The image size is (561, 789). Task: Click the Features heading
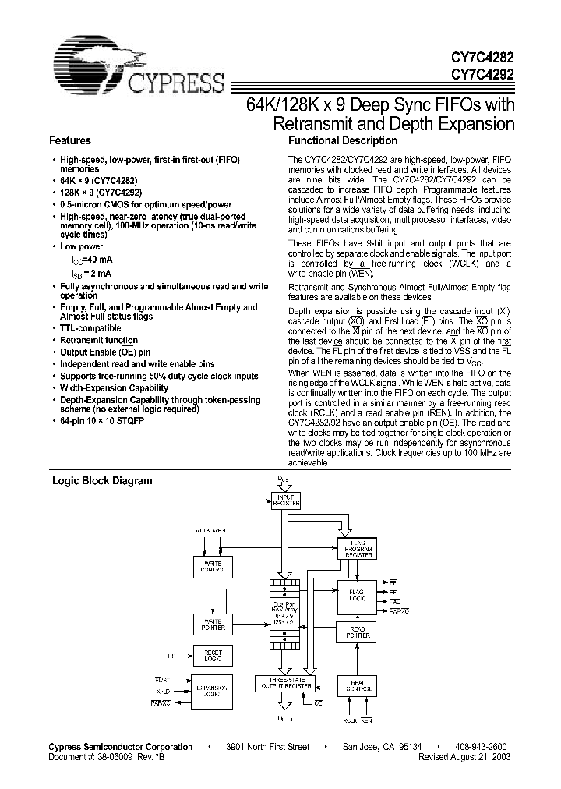[x=70, y=141]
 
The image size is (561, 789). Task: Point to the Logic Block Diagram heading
[x=102, y=481]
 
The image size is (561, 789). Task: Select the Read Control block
[x=358, y=687]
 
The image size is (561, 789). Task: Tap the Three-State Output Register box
[x=284, y=685]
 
